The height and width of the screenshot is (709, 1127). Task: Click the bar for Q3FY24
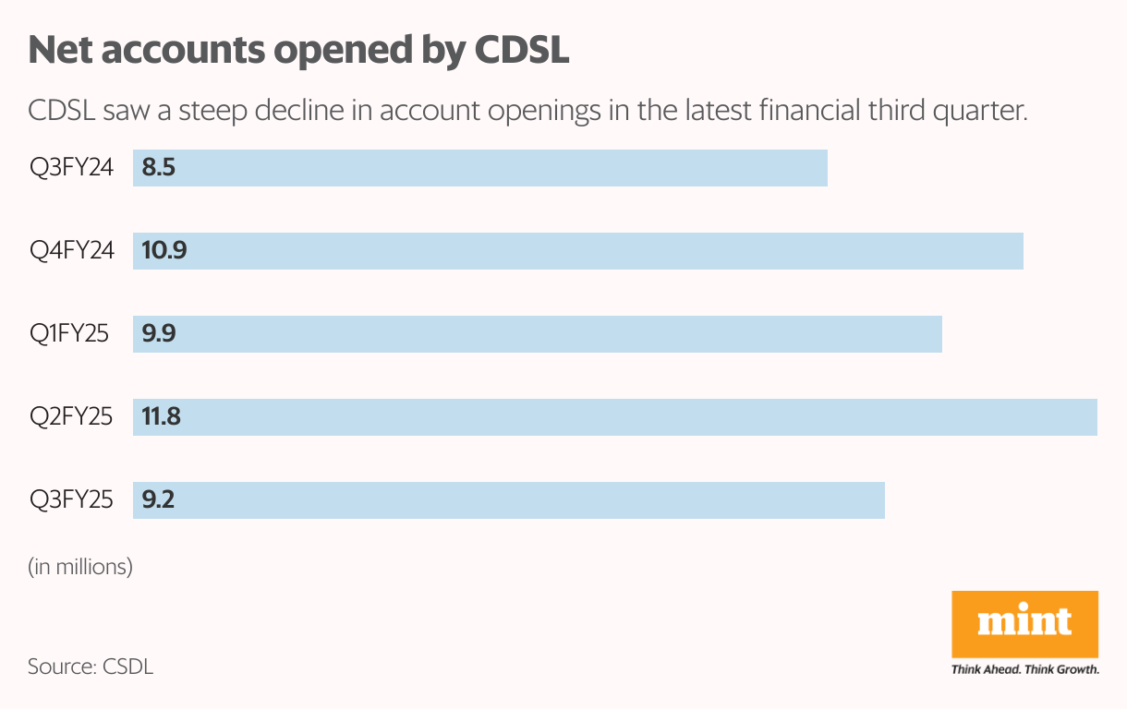[x=480, y=168]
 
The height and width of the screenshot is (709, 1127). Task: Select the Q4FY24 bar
[x=578, y=251]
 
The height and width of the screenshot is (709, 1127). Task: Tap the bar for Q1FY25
[x=538, y=334]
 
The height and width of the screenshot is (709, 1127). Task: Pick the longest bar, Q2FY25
[x=615, y=417]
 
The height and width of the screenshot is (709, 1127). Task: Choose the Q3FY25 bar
[x=509, y=500]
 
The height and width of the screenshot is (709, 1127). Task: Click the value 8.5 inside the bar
[x=159, y=168]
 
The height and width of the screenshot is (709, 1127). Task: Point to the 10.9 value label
[x=164, y=251]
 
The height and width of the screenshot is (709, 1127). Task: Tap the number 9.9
[x=159, y=334]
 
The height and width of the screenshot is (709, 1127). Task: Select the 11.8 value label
[x=162, y=417]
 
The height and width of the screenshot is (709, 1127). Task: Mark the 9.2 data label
[x=159, y=500]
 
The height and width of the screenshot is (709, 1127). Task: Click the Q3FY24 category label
[x=71, y=168]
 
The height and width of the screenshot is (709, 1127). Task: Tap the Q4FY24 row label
[x=71, y=251]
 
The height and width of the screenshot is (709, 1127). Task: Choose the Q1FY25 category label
[x=69, y=334]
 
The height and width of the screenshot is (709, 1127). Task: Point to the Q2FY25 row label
[x=71, y=417]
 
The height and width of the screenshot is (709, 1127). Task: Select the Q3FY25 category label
[x=71, y=500]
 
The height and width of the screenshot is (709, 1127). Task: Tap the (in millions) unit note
[x=80, y=566]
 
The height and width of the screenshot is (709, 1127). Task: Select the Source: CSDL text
[x=90, y=666]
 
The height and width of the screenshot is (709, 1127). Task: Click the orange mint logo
[x=1024, y=624]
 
